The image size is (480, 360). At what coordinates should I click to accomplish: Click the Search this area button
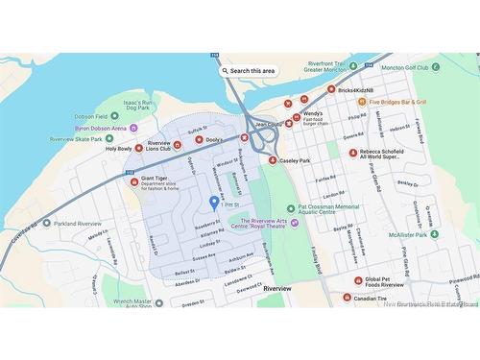coord(249,70)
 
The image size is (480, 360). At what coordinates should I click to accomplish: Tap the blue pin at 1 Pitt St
coord(213,203)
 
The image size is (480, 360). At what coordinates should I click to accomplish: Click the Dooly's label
coord(214,140)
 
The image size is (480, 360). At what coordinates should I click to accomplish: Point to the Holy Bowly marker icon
coord(138,149)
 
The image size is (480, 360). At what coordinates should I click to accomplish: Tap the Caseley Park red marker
coord(273,160)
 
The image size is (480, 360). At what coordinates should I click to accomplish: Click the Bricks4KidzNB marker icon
coord(331,90)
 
